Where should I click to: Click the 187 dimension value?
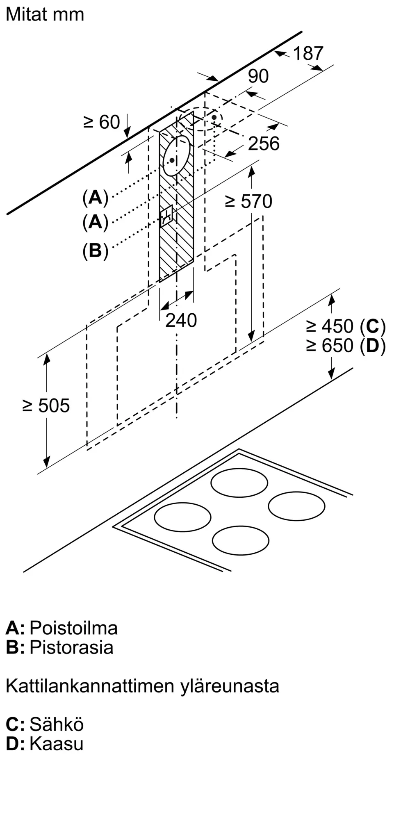point(308,53)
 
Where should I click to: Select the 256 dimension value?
point(264,143)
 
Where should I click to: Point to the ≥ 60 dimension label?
point(101,122)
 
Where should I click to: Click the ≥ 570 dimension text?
point(248,201)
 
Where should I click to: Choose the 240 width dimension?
point(181,320)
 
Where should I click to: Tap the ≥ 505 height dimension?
point(46,406)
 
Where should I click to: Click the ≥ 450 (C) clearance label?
point(346,326)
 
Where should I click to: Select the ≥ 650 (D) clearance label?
point(346,346)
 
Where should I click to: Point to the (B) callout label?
point(95,250)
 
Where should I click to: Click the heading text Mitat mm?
point(45,14)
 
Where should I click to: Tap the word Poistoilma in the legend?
point(74,628)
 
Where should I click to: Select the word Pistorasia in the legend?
point(71,647)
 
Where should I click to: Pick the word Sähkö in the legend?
point(57,724)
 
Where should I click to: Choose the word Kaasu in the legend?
point(57,743)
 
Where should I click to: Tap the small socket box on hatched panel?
point(167,216)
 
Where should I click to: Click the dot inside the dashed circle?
point(214,118)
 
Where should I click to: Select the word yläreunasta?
point(230,686)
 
